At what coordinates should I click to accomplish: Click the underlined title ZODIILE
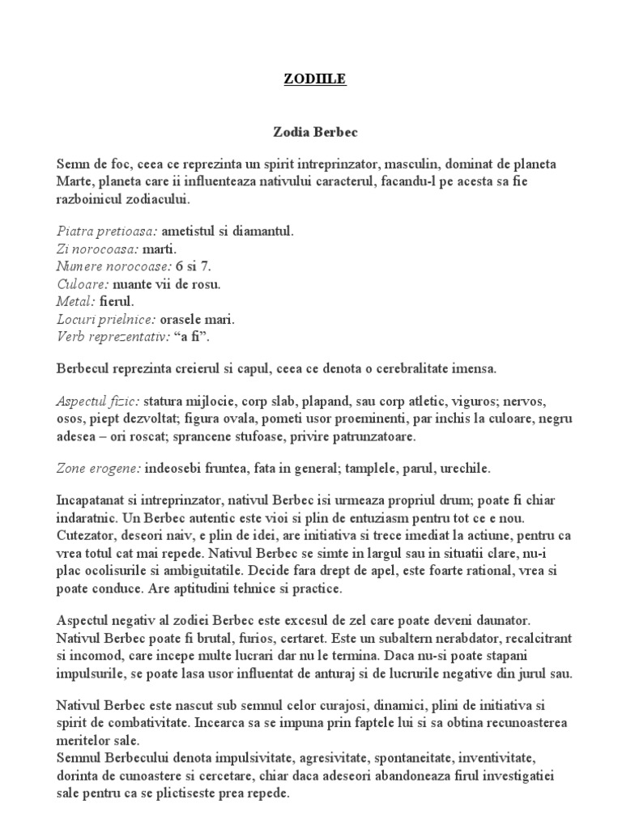point(311,80)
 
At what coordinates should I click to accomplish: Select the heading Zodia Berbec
point(311,130)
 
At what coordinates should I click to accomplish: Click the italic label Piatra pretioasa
point(106,232)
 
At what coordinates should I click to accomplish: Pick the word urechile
point(462,469)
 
